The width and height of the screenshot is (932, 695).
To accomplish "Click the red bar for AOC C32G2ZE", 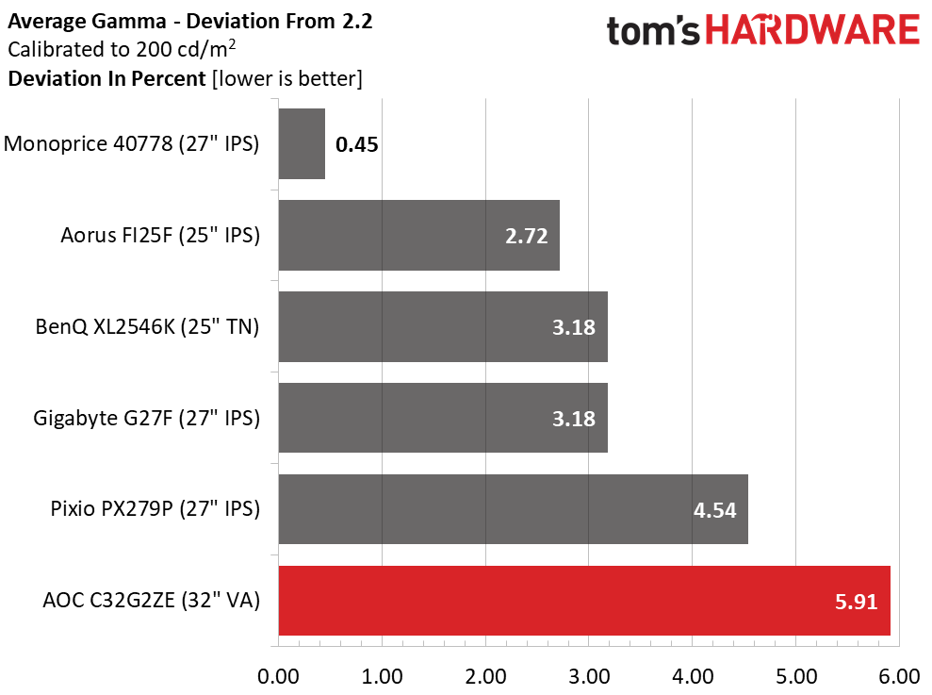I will click(584, 601).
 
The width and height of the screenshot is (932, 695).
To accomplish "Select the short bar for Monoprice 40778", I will click(302, 143).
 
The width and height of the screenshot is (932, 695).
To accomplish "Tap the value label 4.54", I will click(713, 510).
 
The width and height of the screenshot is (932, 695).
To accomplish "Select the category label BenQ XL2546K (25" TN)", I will click(147, 327).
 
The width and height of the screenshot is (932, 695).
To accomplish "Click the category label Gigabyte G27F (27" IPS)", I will click(146, 419).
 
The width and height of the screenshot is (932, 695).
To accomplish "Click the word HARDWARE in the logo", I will click(812, 31).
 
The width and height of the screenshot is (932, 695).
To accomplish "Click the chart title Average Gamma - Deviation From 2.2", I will click(189, 22).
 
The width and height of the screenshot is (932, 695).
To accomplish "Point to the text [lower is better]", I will click(286, 78).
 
